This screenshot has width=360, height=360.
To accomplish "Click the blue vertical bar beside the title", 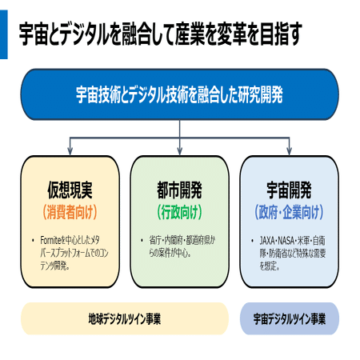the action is click(x=4, y=34).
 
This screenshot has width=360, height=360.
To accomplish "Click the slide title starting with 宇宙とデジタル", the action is click(x=161, y=34).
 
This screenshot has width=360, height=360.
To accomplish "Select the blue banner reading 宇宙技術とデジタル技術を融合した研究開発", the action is click(x=180, y=94).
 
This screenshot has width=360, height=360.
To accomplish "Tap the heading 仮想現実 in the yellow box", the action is click(x=70, y=190).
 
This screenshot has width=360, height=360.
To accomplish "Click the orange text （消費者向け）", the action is click(x=70, y=212).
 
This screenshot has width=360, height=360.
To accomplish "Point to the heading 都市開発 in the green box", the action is click(x=179, y=190).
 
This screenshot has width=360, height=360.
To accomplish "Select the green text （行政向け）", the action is click(x=179, y=212).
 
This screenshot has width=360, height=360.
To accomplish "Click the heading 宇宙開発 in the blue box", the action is click(x=290, y=190).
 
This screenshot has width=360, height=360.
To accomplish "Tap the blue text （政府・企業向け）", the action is click(x=290, y=212).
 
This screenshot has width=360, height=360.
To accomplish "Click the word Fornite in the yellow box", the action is click(x=50, y=240).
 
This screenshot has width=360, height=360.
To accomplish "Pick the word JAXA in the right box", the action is click(x=267, y=241).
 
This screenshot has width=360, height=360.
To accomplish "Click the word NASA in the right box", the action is click(x=286, y=241).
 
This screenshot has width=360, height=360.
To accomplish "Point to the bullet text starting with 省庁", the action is click(x=182, y=246).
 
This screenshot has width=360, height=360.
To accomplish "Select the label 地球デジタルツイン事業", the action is click(x=125, y=318).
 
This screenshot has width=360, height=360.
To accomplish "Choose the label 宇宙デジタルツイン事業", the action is click(x=290, y=318).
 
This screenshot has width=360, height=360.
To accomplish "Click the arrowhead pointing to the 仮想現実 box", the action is click(x=70, y=151).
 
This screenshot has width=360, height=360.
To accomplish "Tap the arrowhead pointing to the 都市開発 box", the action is click(x=179, y=151).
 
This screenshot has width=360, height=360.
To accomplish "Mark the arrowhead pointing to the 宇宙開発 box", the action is click(x=289, y=151).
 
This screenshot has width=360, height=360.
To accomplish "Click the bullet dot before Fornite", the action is click(x=33, y=241).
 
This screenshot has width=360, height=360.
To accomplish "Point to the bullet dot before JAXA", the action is click(x=252, y=241).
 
